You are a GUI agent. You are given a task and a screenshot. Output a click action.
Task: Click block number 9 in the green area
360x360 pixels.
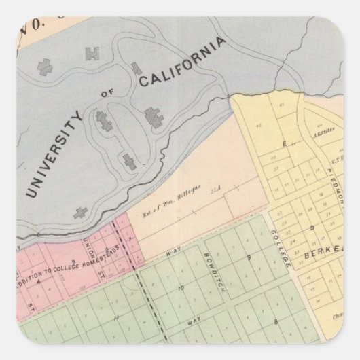pyautogui.click(x=249, y=257)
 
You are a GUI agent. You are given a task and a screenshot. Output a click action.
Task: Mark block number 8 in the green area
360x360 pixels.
pyautogui.click(x=276, y=320)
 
